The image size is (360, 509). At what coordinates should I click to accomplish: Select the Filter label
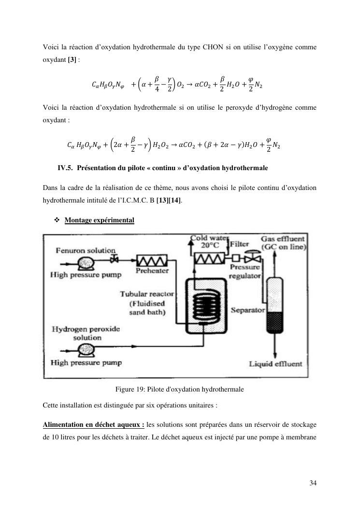240,244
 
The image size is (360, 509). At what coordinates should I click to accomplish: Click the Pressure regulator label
245,271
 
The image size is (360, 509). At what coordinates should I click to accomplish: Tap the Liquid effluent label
275,364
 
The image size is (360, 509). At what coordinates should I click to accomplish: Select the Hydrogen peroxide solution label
80,333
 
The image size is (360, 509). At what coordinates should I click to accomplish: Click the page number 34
313,482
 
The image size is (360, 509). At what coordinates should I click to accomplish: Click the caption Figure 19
179,389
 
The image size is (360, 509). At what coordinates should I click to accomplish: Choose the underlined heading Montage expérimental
99,220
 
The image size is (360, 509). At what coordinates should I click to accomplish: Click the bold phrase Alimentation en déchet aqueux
93,424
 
